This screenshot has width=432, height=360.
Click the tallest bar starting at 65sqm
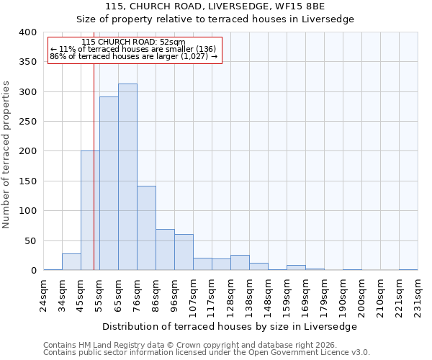point(127,177)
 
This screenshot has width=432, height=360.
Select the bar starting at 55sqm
point(109,184)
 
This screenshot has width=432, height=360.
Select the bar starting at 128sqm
point(240,263)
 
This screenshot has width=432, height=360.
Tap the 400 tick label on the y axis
point(27,32)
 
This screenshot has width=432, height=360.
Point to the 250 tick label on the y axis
point(27,122)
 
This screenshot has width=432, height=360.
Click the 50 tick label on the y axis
point(30,240)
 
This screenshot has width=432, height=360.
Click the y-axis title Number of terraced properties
point(7,155)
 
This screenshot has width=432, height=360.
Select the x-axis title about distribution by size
point(230,326)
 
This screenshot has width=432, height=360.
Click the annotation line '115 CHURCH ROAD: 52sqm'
point(134,42)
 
